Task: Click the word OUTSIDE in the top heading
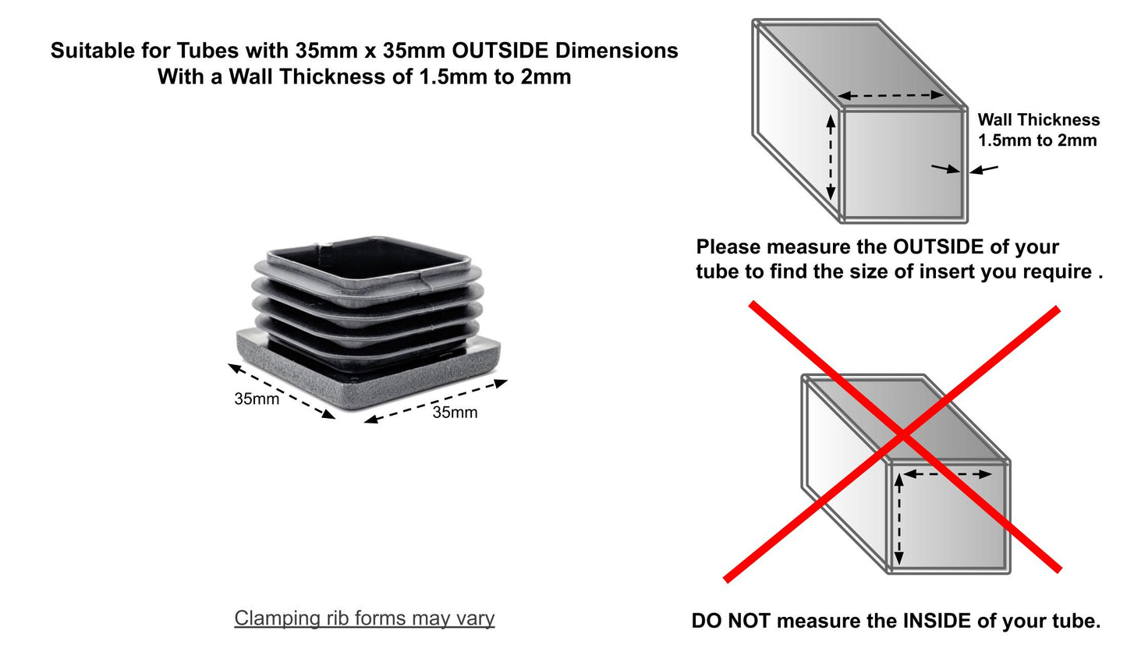500,51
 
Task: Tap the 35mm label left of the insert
257,399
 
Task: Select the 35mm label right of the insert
455,413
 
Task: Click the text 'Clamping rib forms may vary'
364,618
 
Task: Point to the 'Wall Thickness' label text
1038,120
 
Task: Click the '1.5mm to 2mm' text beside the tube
1037,140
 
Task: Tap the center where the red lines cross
904,435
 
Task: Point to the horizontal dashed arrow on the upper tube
891,95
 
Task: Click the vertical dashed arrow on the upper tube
831,157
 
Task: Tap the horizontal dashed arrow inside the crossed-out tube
948,474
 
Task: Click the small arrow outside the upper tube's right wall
983,169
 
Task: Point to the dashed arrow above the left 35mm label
282,391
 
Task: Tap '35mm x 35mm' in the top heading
370,51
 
